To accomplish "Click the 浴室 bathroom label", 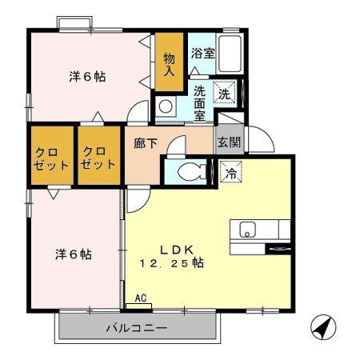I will [x=202, y=54].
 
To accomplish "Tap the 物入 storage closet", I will [x=169, y=64].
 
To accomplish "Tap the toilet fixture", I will [x=188, y=171].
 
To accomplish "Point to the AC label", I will [x=141, y=299].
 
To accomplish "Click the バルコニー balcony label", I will [x=137, y=327].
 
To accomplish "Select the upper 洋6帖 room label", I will [x=87, y=78].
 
